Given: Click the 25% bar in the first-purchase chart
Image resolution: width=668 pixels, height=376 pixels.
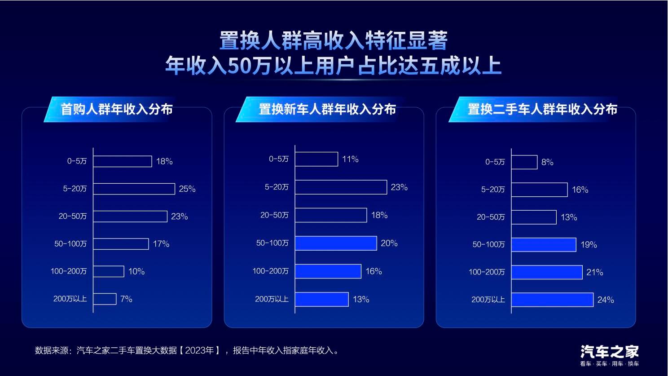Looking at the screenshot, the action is [x=134, y=189].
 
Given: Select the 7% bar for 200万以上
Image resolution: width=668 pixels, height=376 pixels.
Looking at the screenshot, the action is [x=105, y=299].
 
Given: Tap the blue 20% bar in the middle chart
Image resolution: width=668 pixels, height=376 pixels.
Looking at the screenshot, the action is [x=336, y=243].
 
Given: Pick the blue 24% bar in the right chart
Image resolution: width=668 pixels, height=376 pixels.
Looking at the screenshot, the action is [x=552, y=300].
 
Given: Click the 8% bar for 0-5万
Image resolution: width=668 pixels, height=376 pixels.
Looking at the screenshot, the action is [x=524, y=162].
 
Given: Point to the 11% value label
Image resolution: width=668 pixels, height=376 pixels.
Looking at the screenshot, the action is [x=351, y=159].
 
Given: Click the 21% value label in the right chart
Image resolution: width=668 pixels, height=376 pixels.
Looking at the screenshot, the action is [x=595, y=272].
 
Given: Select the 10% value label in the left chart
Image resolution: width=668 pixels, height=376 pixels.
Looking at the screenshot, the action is [x=136, y=271].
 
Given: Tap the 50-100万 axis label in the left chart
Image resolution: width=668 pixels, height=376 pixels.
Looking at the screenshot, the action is [x=70, y=244].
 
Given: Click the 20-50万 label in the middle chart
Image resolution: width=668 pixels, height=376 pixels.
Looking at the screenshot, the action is [x=274, y=215].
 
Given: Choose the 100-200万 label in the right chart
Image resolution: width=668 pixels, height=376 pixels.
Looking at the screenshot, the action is [x=487, y=272].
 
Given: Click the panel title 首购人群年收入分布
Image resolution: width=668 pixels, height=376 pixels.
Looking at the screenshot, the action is [x=117, y=109].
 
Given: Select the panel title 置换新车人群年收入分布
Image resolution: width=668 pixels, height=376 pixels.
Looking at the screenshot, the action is [x=327, y=109].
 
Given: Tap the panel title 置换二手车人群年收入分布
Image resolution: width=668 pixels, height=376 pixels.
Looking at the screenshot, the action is [x=542, y=109].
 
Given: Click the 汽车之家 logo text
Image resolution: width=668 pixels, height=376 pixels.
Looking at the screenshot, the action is [x=610, y=352].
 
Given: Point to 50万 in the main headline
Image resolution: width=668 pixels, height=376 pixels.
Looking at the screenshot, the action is [x=249, y=65].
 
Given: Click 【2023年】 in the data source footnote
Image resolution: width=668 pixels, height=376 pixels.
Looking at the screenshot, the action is [x=200, y=350].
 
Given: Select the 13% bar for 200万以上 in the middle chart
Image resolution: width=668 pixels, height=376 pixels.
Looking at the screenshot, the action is [x=322, y=299].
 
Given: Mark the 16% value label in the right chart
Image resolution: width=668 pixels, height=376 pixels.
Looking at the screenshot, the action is [x=580, y=190].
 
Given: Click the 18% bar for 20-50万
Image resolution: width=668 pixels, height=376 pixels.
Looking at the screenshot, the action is [x=331, y=215].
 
